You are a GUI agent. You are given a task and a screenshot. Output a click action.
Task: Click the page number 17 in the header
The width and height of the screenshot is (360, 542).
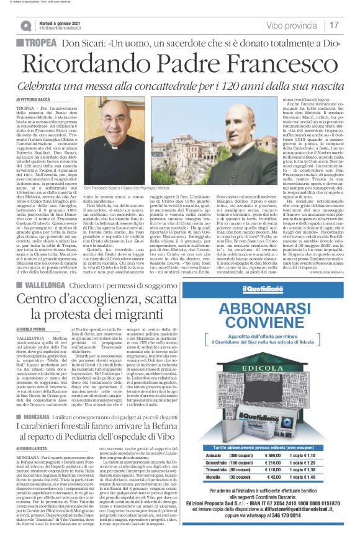(x=333, y=25)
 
